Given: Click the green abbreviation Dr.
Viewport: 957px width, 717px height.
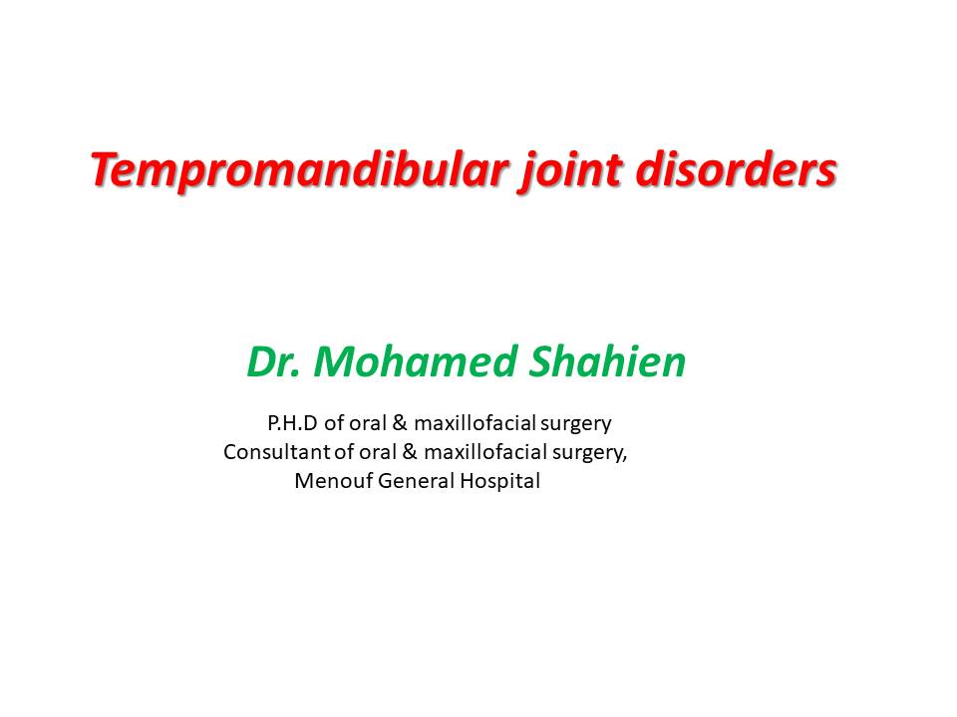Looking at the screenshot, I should pyautogui.click(x=271, y=363).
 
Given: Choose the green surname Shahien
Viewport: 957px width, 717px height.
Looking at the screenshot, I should pyautogui.click(x=609, y=363).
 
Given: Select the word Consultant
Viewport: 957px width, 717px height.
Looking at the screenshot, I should pyautogui.click(x=271, y=452).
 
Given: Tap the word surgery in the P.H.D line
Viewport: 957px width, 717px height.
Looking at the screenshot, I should pyautogui.click(x=573, y=423).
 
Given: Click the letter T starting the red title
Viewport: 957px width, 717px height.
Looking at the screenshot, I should pyautogui.click(x=102, y=170).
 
